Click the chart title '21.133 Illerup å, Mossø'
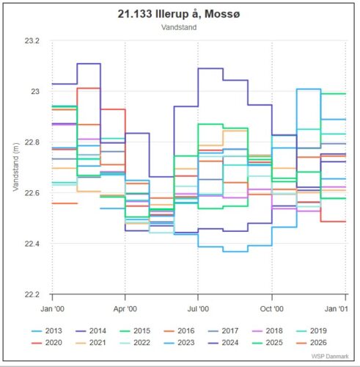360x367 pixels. (180, 13)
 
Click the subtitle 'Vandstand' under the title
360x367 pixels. (180, 26)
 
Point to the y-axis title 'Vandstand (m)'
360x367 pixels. (15, 168)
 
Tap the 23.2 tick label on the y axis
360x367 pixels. (31, 41)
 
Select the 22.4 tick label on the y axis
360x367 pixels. (31, 244)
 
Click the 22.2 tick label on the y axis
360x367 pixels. (31, 294)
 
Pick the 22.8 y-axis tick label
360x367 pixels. (31, 142)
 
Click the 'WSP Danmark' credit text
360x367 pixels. (331, 357)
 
